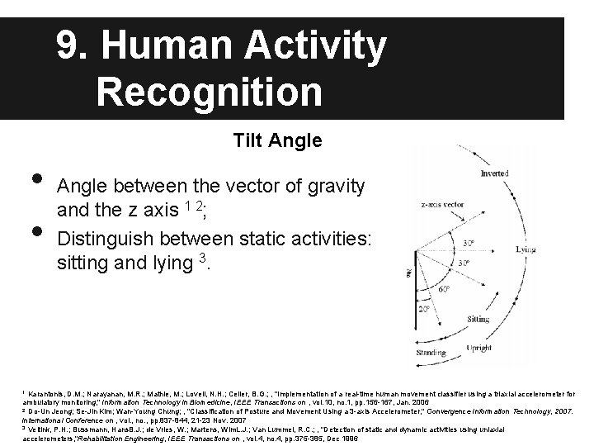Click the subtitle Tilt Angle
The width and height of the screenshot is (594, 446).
(x=277, y=140)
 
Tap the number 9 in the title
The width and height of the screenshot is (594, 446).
(x=68, y=47)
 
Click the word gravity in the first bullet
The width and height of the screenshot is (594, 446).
(x=328, y=187)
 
